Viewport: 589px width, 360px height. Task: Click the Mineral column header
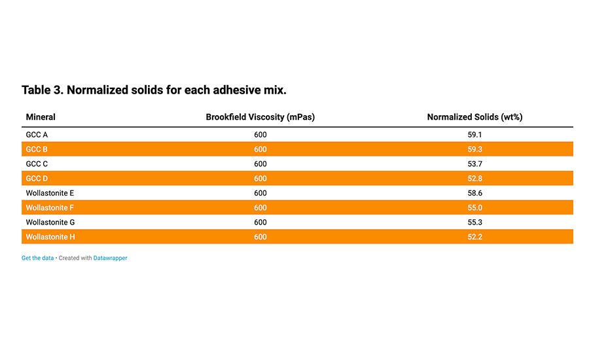point(41,117)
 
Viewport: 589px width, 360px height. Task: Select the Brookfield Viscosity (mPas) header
point(260,117)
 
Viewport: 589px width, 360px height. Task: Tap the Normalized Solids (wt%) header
point(475,117)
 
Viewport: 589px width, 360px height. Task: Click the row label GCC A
point(37,135)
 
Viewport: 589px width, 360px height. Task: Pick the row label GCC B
point(37,149)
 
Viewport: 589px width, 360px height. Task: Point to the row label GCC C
point(37,164)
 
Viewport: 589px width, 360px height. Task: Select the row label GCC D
point(37,179)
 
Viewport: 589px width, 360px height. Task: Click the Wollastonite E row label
point(50,193)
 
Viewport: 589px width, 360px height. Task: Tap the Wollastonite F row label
point(50,207)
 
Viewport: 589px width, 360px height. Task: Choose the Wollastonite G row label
point(50,223)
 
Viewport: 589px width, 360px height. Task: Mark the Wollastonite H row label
point(50,237)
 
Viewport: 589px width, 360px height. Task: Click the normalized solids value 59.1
point(475,135)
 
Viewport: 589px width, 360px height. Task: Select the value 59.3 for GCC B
point(475,149)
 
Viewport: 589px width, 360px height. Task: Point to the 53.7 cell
point(475,164)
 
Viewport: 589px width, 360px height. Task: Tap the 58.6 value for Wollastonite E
point(475,193)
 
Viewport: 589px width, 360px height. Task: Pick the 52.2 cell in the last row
point(475,237)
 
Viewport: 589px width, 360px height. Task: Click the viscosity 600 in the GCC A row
point(260,135)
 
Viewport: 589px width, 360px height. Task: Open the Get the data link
point(37,258)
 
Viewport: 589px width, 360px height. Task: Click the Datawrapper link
point(111,258)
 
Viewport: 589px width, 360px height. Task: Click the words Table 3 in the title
point(43,90)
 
